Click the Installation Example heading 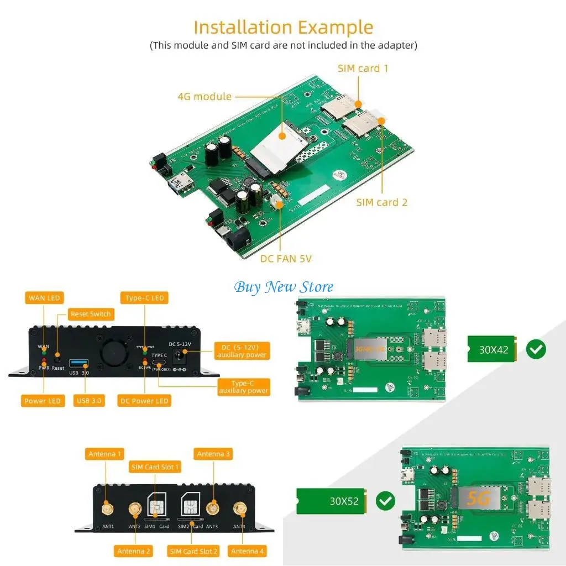(283, 27)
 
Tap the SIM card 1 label (363, 69)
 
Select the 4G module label (205, 97)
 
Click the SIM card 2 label (381, 202)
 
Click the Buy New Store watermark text (284, 287)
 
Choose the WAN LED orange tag (44, 298)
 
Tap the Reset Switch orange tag (91, 314)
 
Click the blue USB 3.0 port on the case (78, 364)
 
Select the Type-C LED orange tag (145, 298)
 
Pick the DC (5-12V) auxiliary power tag (242, 351)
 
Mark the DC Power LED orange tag (144, 401)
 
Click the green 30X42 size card (492, 350)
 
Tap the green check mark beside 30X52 (385, 501)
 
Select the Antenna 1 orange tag (105, 454)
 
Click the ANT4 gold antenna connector (239, 509)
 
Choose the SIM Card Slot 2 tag (193, 551)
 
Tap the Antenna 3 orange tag (213, 454)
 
